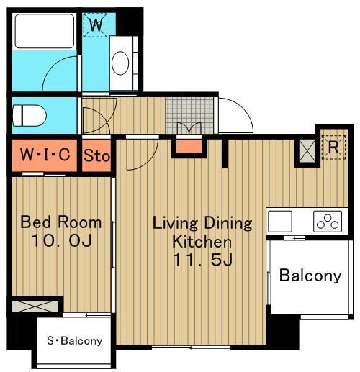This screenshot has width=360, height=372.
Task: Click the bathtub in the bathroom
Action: (x=45, y=31)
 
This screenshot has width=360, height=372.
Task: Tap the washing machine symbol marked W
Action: (x=95, y=25)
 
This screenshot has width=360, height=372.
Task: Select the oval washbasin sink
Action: (x=120, y=63)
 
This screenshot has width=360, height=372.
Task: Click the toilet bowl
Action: (x=29, y=115)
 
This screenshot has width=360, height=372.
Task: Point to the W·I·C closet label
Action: (x=45, y=155)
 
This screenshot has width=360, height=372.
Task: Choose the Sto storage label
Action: (x=96, y=155)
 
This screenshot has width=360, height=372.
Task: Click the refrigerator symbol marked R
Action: (x=333, y=148)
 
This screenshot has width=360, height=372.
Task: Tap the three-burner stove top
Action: (x=328, y=222)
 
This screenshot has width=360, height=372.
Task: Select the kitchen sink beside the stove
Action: (x=280, y=222)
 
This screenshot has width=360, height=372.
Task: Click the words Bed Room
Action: (x=60, y=222)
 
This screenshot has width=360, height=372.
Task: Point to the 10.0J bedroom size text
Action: (x=62, y=240)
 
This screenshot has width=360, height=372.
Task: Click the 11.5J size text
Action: (x=202, y=260)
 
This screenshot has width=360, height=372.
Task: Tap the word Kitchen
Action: (x=202, y=242)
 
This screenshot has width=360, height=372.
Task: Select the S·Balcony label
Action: (x=75, y=340)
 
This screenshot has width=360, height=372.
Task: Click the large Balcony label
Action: (x=310, y=276)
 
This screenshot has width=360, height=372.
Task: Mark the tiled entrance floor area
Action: (x=189, y=115)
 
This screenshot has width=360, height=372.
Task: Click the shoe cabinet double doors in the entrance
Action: (x=189, y=128)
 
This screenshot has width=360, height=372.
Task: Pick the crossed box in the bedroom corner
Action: (x=35, y=307)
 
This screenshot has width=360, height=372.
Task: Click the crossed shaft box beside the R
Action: (x=307, y=151)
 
